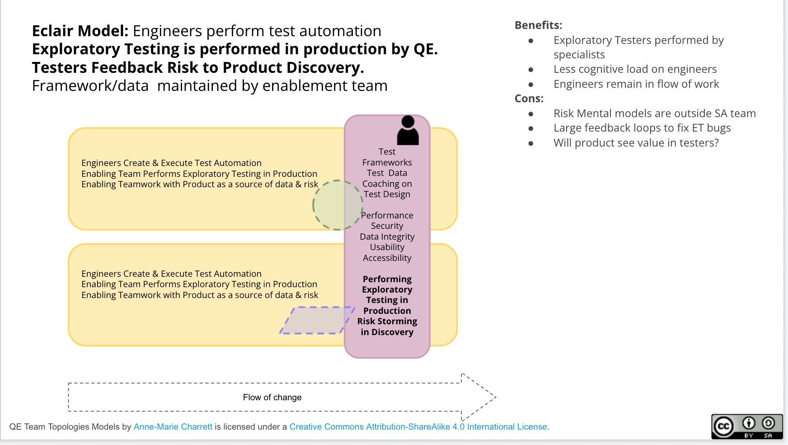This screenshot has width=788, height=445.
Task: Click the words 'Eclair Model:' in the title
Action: tap(80, 31)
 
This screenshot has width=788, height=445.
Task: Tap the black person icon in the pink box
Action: tap(408, 130)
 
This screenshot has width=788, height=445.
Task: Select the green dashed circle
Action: tap(338, 205)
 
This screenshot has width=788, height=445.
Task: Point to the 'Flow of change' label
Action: tap(272, 398)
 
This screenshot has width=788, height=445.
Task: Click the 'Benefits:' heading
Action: tap(538, 25)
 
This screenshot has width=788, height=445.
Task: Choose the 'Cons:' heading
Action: tap(529, 99)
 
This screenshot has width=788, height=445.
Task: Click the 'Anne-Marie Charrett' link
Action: tap(173, 427)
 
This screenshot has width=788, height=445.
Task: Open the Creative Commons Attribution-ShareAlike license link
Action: tap(418, 427)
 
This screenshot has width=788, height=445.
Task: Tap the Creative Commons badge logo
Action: tap(746, 426)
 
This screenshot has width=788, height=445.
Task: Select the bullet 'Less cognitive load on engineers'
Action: tap(635, 69)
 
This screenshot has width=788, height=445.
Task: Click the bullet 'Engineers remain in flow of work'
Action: tap(636, 84)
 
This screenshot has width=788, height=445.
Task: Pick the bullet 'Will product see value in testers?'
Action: tap(636, 143)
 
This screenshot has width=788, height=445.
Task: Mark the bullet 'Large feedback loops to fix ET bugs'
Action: tap(642, 128)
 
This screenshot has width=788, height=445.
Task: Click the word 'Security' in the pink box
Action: tap(387, 226)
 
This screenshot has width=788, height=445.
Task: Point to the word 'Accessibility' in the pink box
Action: tap(387, 258)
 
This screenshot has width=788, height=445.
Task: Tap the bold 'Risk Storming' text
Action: tap(387, 321)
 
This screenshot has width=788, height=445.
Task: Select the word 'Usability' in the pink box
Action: tap(387, 247)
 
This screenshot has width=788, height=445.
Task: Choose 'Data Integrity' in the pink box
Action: tap(387, 237)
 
